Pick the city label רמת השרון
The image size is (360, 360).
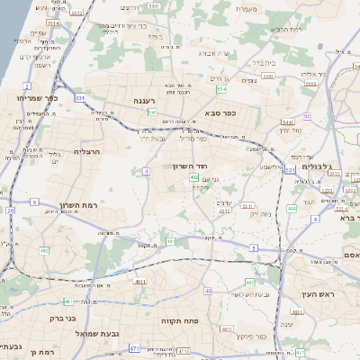[x=78, y=206]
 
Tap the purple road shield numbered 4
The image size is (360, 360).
[x=146, y=170]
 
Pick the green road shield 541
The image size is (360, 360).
[x=153, y=112]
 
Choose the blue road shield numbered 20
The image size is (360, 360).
[x=11, y=210]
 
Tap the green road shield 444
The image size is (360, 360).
[x=292, y=209]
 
